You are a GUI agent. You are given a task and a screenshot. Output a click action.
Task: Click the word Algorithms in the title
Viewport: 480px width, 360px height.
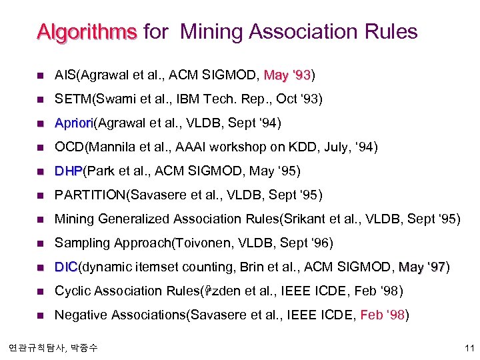(x=86, y=31)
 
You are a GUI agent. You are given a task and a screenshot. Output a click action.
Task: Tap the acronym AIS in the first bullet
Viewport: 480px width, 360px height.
(x=64, y=75)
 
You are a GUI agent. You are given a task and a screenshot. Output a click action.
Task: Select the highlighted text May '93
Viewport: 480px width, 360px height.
(x=287, y=75)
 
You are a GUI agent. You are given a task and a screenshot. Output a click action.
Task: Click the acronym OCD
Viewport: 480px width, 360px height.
(x=68, y=147)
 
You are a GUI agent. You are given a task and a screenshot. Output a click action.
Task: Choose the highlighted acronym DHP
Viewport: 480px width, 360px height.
(x=67, y=171)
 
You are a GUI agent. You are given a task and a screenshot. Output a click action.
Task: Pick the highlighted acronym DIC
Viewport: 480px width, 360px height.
(x=66, y=267)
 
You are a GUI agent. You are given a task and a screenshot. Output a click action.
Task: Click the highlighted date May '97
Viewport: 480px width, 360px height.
(x=422, y=267)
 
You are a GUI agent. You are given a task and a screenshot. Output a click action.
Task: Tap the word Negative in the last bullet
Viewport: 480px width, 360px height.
(x=79, y=315)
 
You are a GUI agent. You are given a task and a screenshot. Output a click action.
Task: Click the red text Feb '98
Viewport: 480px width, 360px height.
(x=383, y=315)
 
